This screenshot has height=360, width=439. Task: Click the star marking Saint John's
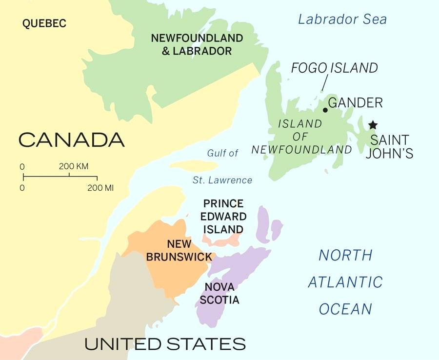[x=373, y=125]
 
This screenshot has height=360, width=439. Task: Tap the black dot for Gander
[x=325, y=110]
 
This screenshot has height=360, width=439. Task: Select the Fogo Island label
[x=335, y=68]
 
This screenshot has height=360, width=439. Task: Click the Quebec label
[x=44, y=23]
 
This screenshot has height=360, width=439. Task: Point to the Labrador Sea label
[x=342, y=20]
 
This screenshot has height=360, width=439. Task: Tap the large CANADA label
[x=72, y=140]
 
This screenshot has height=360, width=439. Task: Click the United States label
[x=165, y=343]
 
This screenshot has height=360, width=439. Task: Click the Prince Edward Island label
[x=223, y=216]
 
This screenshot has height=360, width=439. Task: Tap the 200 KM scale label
[x=74, y=166]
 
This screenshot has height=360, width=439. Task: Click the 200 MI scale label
[x=100, y=187]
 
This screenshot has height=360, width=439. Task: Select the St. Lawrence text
[x=222, y=180]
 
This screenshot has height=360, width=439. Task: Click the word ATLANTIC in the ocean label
[x=345, y=282]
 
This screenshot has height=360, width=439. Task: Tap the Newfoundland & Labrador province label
[x=196, y=44]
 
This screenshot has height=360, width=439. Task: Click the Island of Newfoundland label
[x=301, y=137]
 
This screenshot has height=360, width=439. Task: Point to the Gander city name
[x=355, y=103]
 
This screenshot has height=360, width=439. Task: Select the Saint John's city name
[x=392, y=146]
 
